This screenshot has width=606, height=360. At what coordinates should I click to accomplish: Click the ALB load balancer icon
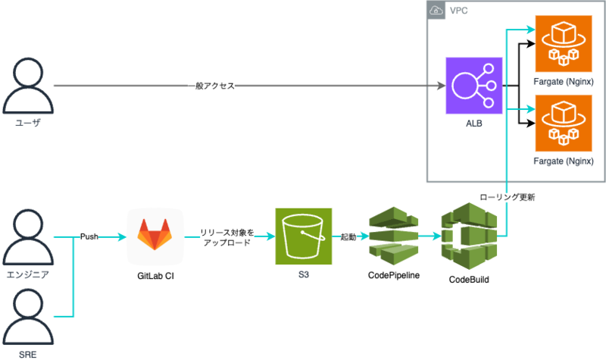click(x=473, y=85)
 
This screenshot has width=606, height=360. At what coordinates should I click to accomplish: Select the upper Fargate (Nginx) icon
click(x=563, y=42)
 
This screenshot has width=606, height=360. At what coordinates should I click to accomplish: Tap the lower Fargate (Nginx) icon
click(x=563, y=122)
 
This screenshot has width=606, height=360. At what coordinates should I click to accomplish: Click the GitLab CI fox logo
click(x=155, y=236)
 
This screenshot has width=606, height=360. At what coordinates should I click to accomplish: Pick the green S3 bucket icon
click(x=304, y=236)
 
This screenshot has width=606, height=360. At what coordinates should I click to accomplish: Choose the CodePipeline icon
click(x=392, y=236)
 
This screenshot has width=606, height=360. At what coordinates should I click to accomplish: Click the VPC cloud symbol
click(x=436, y=11)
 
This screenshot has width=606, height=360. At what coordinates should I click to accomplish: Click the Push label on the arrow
click(x=90, y=236)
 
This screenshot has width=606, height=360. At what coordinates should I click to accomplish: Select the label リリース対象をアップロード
click(x=225, y=237)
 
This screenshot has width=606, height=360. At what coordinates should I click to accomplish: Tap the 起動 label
click(x=348, y=237)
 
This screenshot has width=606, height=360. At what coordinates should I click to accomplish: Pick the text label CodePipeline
click(x=394, y=274)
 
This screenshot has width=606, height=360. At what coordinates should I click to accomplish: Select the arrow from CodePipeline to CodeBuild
click(x=428, y=236)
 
